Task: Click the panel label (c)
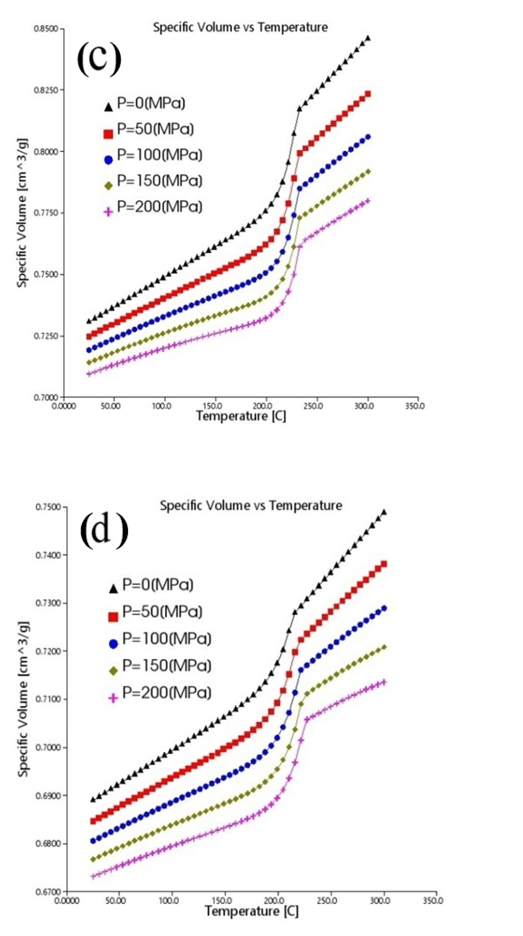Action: [99, 58]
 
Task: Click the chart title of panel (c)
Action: [240, 27]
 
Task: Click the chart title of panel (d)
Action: [251, 505]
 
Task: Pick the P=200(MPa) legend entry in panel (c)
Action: [153, 207]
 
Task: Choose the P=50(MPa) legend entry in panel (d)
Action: [157, 612]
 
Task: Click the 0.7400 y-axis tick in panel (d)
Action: [49, 555]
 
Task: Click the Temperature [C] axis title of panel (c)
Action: [241, 416]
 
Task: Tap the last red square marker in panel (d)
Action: [383, 564]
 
